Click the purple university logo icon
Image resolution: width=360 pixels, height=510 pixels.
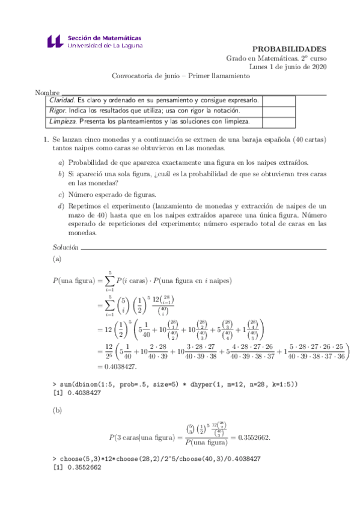point(54,41)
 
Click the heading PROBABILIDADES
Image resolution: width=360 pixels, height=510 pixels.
point(289,49)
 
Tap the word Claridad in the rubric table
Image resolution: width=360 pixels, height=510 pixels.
point(62,100)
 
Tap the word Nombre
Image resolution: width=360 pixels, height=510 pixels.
point(47,93)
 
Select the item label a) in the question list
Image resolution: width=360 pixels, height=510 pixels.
point(61,163)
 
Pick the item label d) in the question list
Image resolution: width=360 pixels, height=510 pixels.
point(61,206)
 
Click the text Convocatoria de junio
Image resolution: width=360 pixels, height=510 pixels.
point(148,76)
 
